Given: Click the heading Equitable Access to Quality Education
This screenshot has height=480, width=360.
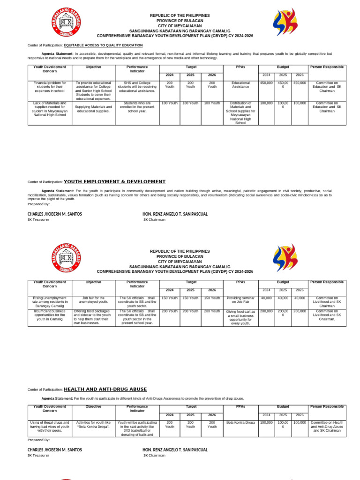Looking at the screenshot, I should (x=103, y=45).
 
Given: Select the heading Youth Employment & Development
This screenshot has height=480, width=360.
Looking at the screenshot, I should (x=114, y=181).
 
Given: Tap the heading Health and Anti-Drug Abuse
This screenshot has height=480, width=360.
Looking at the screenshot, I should (x=105, y=389).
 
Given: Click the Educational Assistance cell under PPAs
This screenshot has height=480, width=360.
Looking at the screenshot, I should (x=240, y=85).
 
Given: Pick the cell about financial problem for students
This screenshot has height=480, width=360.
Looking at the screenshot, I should (x=50, y=87).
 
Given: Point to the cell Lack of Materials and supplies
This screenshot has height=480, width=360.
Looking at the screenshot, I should (x=50, y=109).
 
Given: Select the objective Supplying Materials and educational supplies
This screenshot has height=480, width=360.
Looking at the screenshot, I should (x=94, y=109).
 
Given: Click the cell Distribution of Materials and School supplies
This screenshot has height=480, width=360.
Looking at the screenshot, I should (x=240, y=113).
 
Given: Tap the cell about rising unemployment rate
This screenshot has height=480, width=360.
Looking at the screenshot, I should (x=50, y=302).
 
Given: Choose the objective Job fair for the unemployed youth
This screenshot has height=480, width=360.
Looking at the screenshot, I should (x=94, y=300).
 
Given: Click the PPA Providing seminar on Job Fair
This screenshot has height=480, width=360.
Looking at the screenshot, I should (x=240, y=300).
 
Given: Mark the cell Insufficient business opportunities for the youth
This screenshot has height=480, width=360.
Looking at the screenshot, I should (x=50, y=315).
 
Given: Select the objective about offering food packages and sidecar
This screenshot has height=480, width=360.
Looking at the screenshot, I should (x=94, y=317).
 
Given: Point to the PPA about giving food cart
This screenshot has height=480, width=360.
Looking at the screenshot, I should (x=240, y=317).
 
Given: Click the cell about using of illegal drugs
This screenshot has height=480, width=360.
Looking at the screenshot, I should (x=50, y=427).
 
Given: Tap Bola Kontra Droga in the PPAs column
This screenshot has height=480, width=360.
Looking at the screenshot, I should (x=240, y=422).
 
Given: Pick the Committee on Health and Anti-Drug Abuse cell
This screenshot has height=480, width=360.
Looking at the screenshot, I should (x=327, y=427).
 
